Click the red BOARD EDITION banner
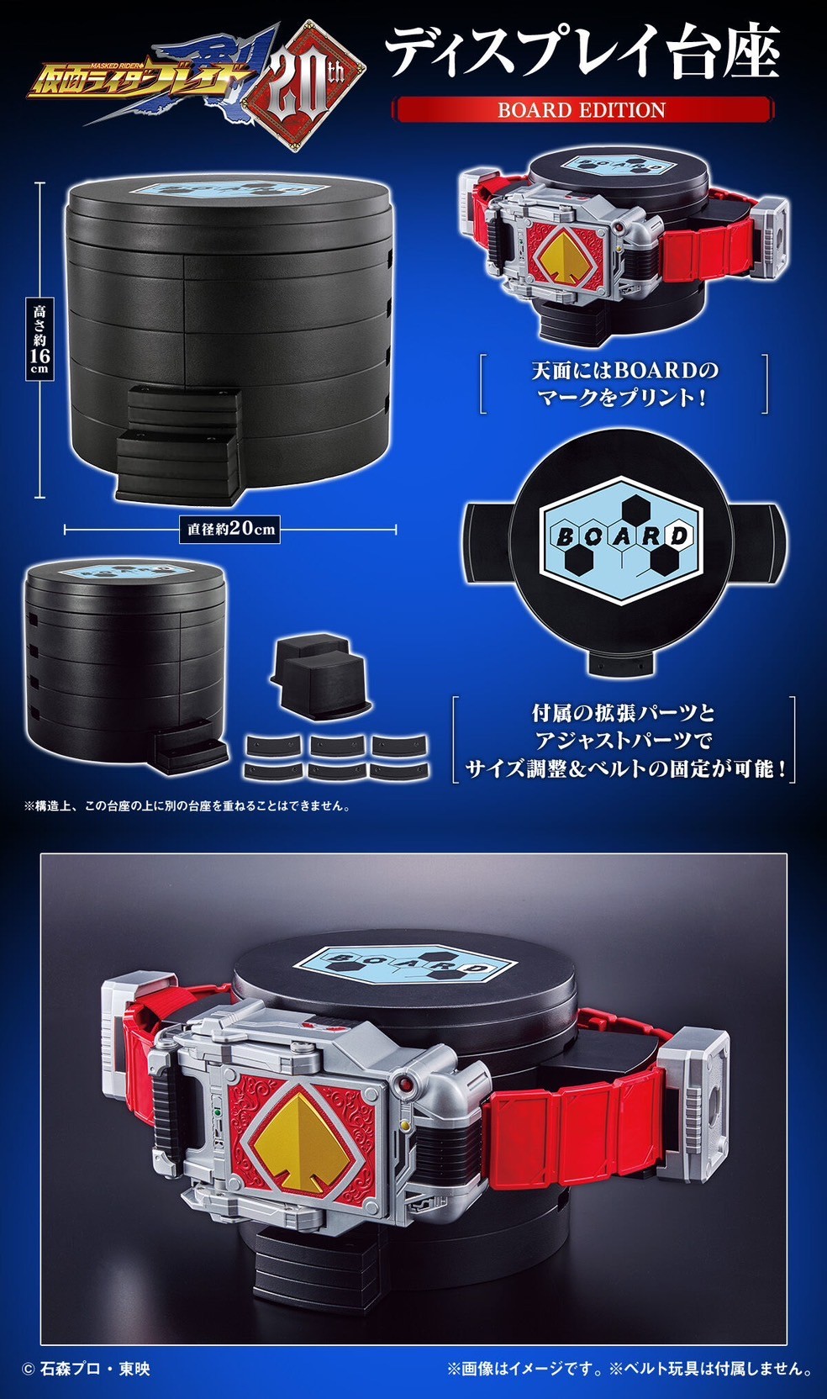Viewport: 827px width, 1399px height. tap(582, 109)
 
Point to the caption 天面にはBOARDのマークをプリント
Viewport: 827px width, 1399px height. tap(624, 383)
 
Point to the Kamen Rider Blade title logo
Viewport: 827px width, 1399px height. tap(160, 77)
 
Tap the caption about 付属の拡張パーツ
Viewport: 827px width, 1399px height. tap(624, 740)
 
